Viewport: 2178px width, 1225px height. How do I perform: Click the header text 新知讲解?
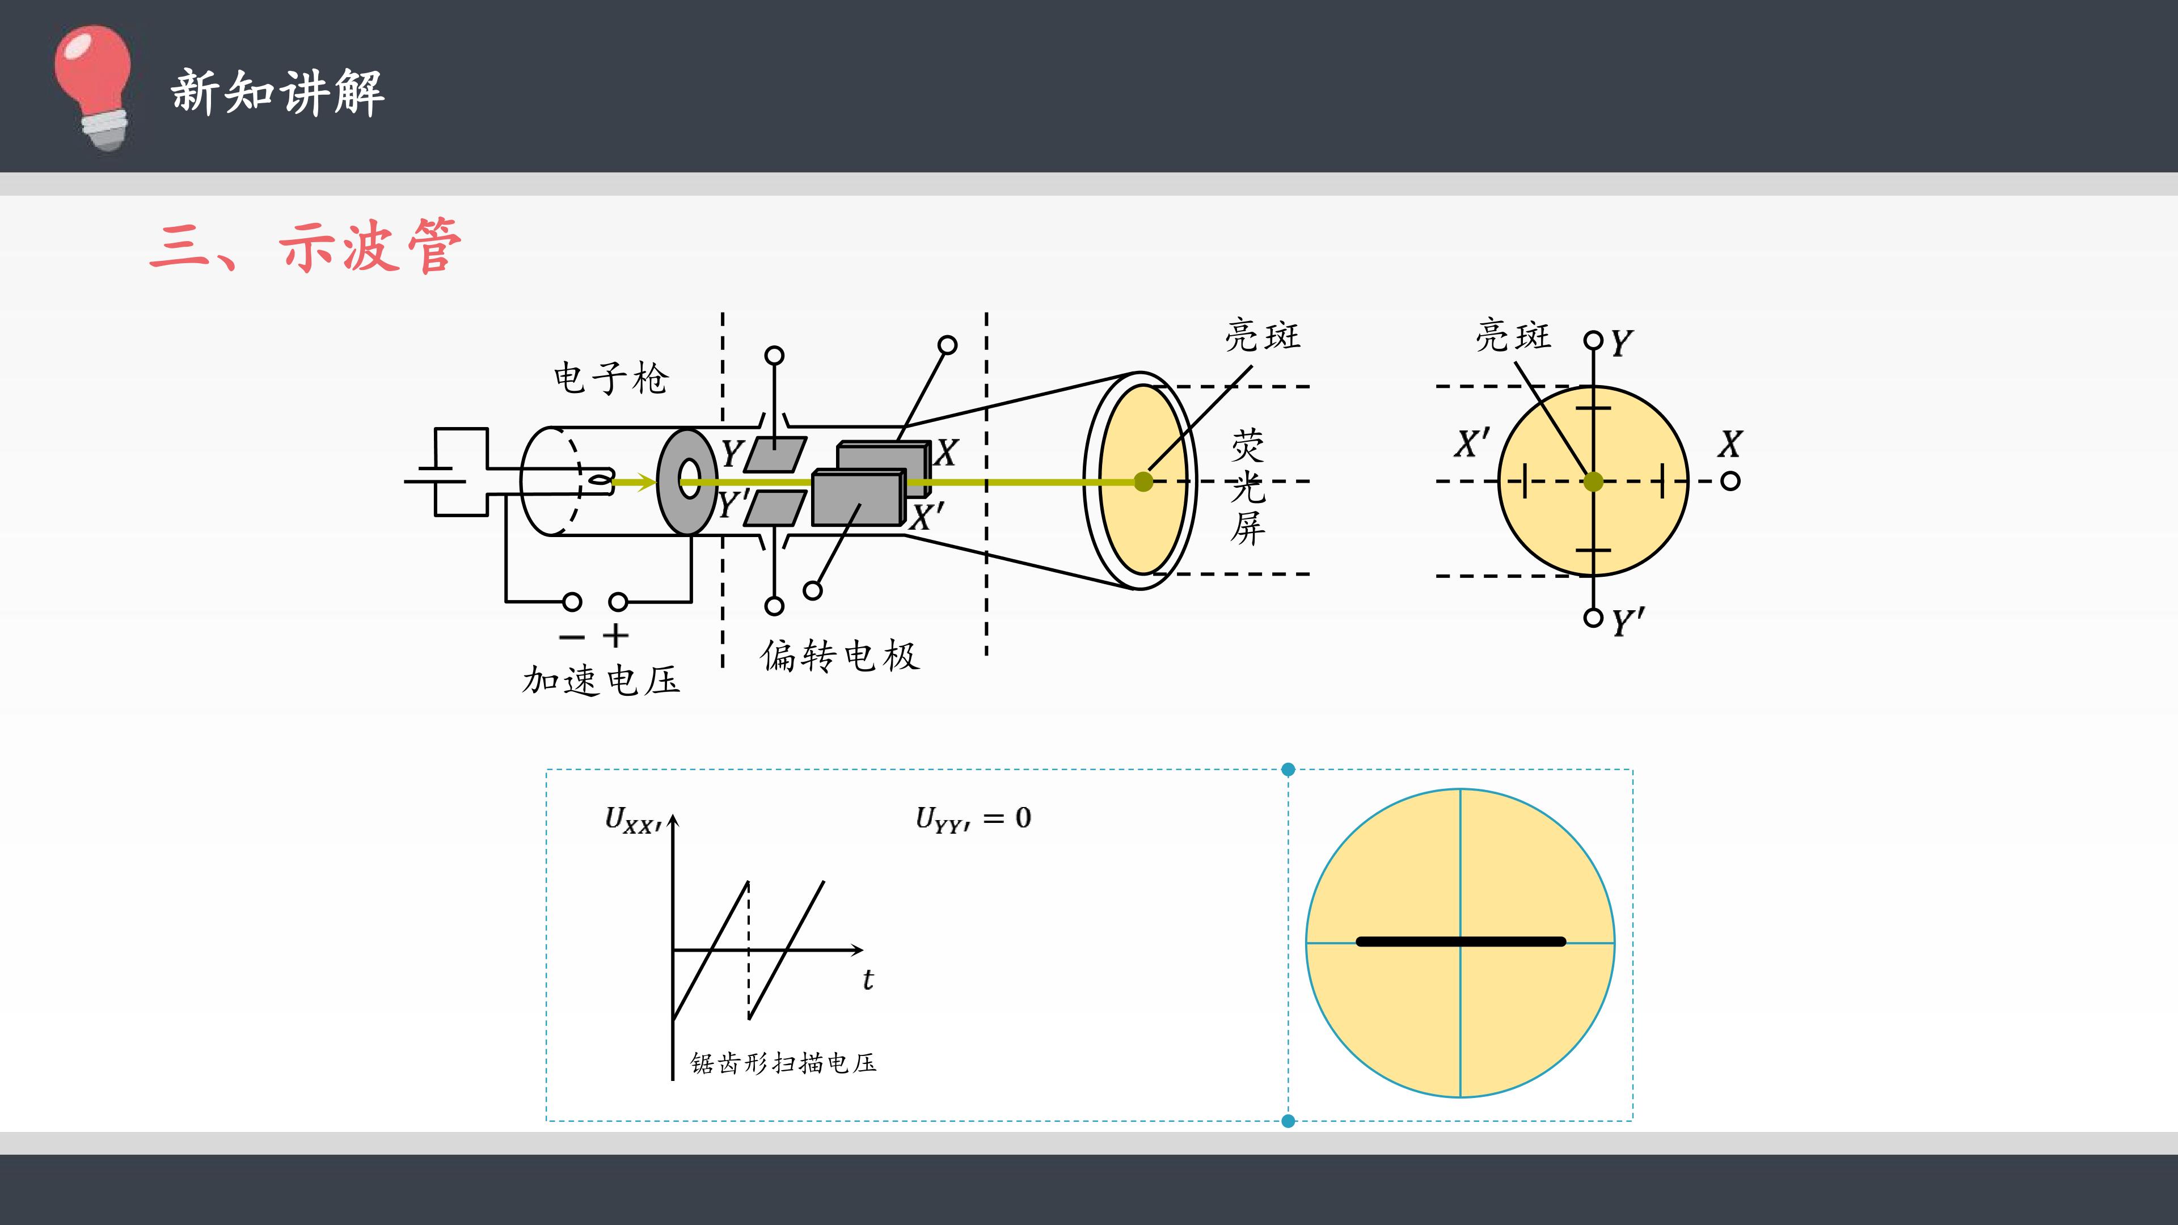277,92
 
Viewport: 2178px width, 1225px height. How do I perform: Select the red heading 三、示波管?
305,246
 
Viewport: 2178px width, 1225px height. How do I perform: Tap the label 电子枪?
610,378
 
